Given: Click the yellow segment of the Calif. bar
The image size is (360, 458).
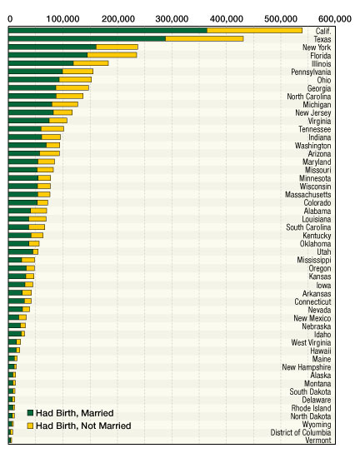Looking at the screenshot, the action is coord(254,30).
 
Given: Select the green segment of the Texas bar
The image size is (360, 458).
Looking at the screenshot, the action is coord(87,38).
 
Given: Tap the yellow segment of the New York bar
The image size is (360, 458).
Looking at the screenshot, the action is coord(117,47).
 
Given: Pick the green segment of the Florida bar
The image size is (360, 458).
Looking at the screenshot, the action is coord(48,55).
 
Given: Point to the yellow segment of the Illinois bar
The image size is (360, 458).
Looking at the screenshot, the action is coord(91,63).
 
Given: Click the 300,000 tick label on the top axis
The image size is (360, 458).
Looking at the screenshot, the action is coord(172,19).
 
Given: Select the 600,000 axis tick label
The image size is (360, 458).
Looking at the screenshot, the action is coord(335,19).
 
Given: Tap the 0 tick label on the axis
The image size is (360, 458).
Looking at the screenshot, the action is coord(10,19).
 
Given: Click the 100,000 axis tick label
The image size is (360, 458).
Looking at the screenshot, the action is coord(62,19).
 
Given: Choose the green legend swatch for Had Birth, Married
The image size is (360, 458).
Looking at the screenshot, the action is coord(30,413).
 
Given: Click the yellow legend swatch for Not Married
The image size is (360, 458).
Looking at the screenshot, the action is coord(30,426).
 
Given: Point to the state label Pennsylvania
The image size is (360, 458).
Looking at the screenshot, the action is coord(311,72).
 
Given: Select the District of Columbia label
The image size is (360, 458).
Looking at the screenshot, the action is coord(301,432).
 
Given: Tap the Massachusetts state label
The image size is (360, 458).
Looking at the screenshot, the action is coord(308,195).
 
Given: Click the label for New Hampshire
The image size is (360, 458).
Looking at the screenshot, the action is coord(307,367).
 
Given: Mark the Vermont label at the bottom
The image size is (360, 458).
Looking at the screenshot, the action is coord(318,441).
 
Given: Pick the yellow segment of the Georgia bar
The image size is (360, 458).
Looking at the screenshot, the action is coord(72,88).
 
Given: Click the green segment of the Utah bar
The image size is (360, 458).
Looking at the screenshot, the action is coord(21,251).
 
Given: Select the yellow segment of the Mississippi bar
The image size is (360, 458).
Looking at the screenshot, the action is coord(28,260).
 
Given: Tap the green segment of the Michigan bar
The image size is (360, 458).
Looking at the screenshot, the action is coord(30,104).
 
